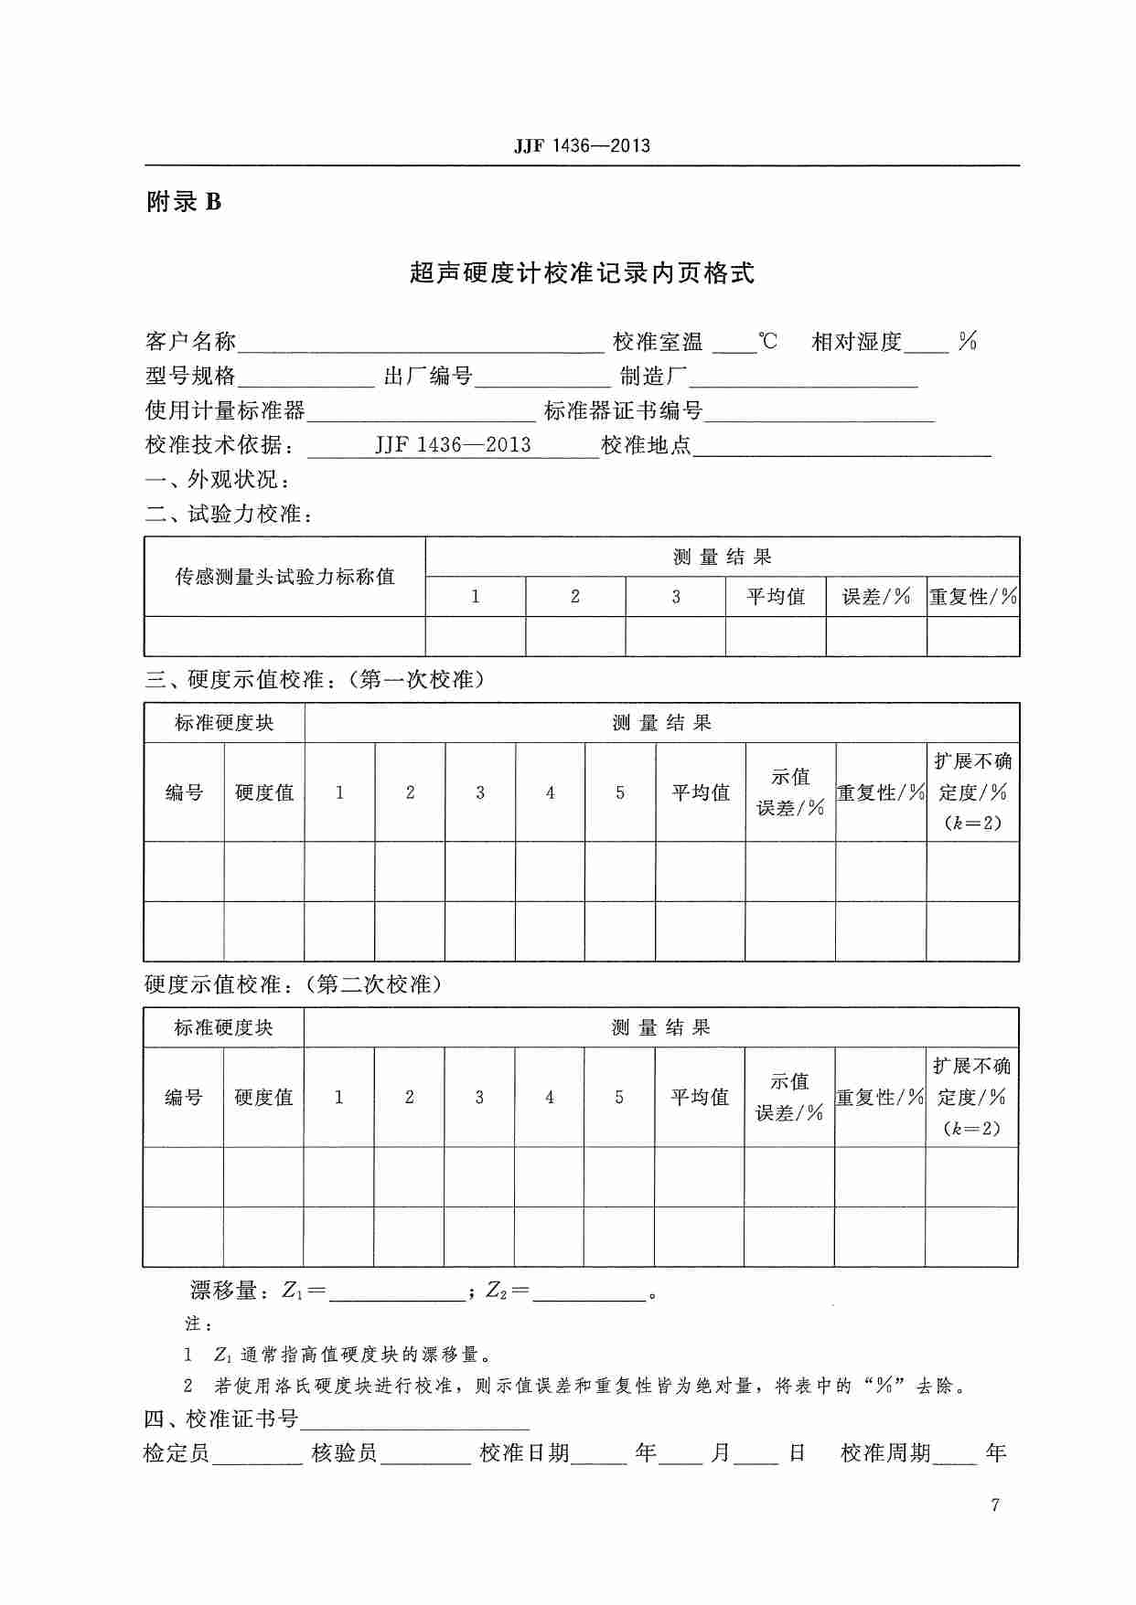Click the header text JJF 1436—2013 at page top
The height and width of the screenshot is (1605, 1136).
pos(582,146)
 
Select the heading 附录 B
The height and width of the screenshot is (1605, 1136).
pos(184,202)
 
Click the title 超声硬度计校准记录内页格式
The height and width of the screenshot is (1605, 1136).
pos(582,273)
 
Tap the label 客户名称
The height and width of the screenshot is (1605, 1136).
pos(190,343)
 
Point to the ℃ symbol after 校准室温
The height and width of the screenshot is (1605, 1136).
pos(768,342)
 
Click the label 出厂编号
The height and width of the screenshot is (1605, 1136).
pos(427,377)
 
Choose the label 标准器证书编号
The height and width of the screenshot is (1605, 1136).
pos(623,411)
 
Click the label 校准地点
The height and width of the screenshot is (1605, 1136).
pos(646,446)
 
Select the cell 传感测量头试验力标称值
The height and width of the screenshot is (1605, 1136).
pos(284,577)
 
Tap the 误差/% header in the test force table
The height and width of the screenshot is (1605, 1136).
pos(876,597)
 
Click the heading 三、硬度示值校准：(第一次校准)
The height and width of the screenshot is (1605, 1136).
pos(314,680)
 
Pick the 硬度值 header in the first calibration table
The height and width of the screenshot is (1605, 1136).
pos(264,792)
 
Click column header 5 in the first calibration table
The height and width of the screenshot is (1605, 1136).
pos(620,792)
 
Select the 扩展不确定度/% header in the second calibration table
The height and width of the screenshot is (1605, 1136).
pos(971,1097)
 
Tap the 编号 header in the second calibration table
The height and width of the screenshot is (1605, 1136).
pos(183,1097)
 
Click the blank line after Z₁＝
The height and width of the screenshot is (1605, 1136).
pos(397,1292)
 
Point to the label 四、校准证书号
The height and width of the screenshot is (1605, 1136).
pos(221,1419)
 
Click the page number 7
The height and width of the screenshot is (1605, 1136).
pos(995,1505)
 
